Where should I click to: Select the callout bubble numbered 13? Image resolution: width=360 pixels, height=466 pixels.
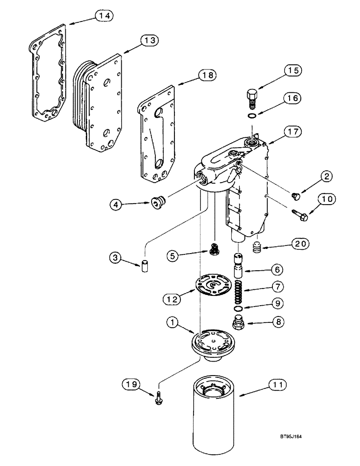tap(149, 41)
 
